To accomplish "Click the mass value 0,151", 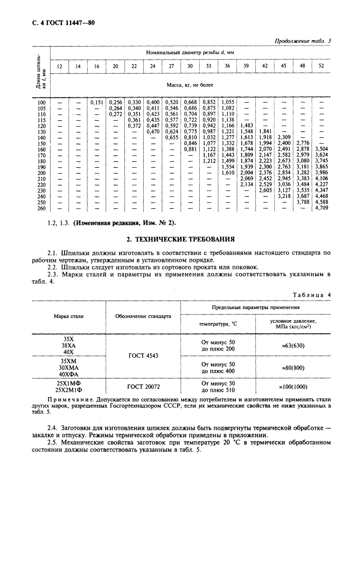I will point(97,102).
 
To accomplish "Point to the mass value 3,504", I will point(321,149).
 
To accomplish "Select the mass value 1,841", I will point(265,131).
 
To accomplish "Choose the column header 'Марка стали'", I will point(69,316).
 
